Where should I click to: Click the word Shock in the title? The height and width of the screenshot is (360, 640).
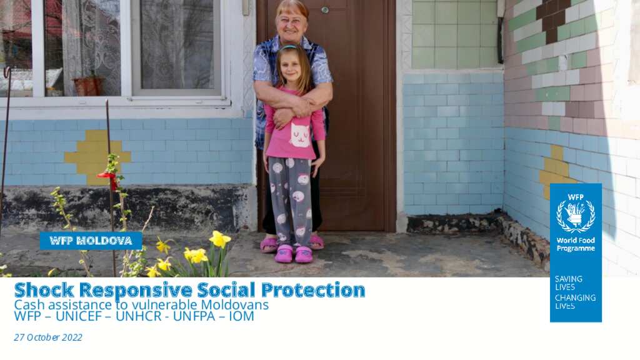click(44, 290)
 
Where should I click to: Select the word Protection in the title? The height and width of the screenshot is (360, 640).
click(313, 290)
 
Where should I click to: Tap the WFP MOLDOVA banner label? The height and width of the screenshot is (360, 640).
click(91, 241)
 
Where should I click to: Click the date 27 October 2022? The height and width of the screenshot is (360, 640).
click(48, 337)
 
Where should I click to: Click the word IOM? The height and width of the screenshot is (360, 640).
click(241, 316)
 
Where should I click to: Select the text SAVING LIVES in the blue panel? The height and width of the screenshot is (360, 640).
click(568, 283)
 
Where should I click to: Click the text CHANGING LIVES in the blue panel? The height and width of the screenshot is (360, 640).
click(575, 302)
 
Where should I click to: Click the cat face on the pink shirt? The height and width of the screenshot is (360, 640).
click(299, 136)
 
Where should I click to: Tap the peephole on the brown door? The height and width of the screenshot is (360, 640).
click(325, 10)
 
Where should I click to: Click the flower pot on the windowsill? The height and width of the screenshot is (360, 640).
click(89, 86)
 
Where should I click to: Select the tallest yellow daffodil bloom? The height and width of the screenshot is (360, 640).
click(219, 239)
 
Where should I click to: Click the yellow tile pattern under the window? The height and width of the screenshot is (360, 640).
click(97, 157)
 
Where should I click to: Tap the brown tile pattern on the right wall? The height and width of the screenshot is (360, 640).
click(552, 18)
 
